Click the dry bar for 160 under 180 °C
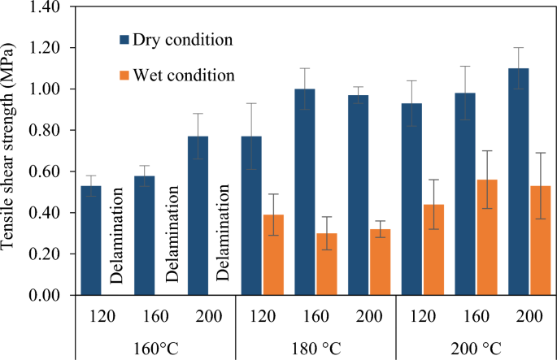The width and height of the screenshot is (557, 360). [305, 192]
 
